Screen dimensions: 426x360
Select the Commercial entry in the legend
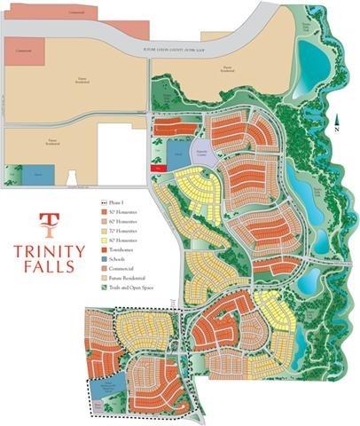click(x=119, y=268)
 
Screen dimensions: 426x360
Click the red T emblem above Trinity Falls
click(x=50, y=220)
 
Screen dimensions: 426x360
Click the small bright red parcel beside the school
click(x=158, y=166)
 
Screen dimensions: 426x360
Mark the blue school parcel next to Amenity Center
click(x=178, y=152)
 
